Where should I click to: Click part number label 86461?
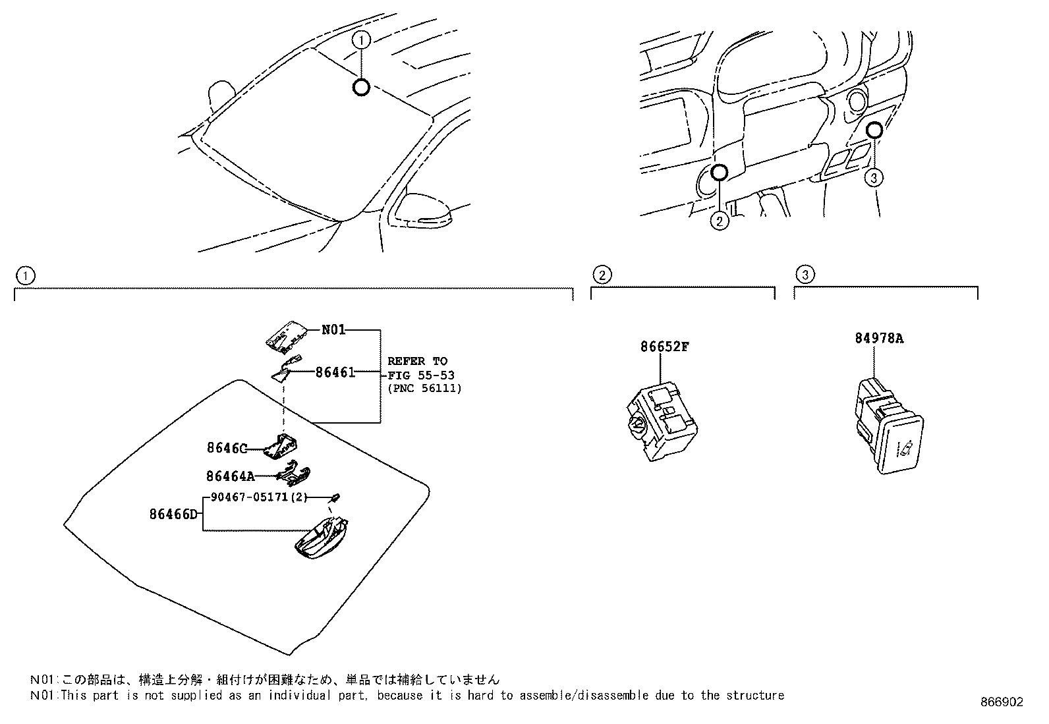click(335, 372)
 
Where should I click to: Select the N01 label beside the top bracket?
click(333, 330)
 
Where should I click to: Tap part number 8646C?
click(226, 449)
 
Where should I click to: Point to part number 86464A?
click(230, 476)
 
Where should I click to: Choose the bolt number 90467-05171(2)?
click(258, 497)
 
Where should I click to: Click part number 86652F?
click(664, 347)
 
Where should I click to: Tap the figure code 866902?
click(1002, 702)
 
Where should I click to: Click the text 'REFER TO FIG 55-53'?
click(420, 368)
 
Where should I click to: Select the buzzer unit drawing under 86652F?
click(661, 422)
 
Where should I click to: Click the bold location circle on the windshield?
click(361, 87)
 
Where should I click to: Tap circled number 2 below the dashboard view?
click(720, 221)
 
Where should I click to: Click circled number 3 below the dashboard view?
click(874, 177)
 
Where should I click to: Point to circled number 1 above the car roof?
click(361, 40)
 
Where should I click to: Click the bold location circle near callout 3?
click(874, 130)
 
